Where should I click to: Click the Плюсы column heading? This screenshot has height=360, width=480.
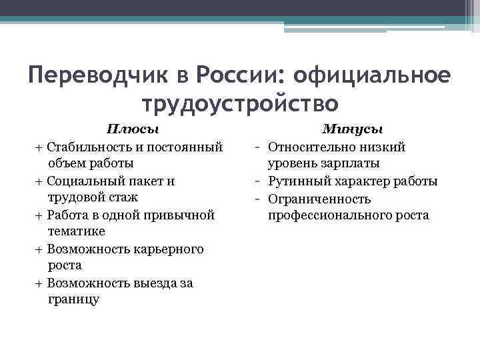(135, 129)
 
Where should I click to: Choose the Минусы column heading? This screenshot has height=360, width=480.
(352, 129)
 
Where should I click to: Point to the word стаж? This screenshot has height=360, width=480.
(121, 197)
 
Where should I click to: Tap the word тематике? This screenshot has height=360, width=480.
(76, 231)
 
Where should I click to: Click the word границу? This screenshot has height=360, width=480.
(74, 299)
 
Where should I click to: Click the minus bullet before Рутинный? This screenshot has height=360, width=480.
(257, 180)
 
